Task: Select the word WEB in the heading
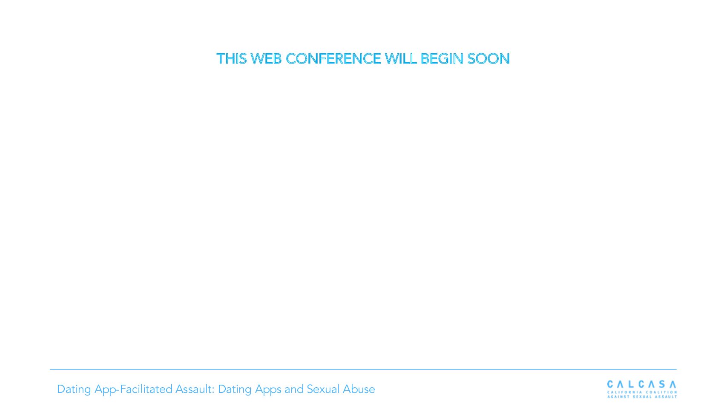(266, 59)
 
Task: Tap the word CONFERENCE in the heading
(333, 59)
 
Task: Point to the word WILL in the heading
(401, 59)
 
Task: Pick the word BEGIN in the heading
(442, 59)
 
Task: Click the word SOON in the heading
(488, 59)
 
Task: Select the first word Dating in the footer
(74, 389)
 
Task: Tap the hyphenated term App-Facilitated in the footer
(133, 389)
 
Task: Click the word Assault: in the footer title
(195, 389)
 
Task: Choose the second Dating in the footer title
(235, 389)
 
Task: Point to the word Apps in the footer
(268, 390)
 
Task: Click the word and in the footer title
(294, 389)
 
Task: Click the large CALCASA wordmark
(642, 384)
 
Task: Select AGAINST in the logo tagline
(618, 397)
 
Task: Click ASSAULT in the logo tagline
(666, 397)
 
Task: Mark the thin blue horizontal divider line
(363, 369)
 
